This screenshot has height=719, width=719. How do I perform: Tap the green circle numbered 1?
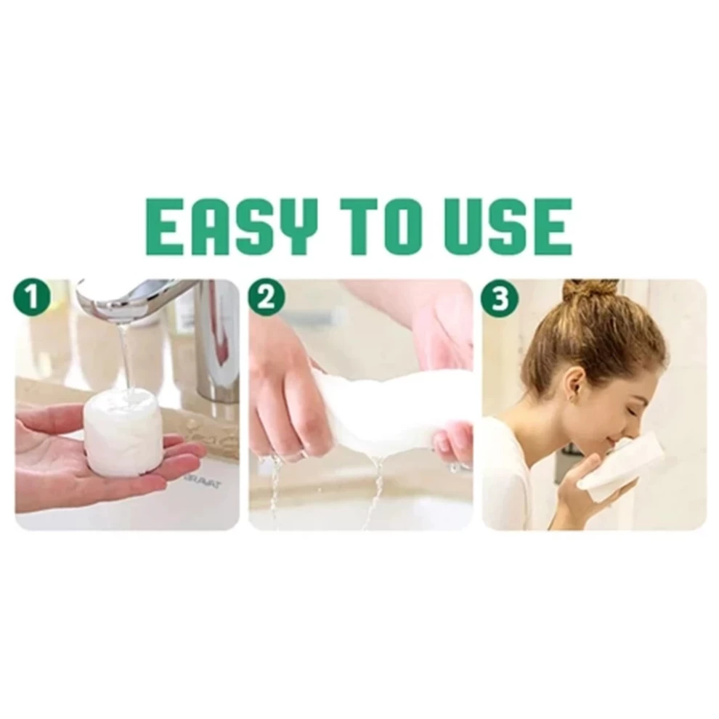point(32,298)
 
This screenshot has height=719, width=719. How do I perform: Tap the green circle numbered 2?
point(267,298)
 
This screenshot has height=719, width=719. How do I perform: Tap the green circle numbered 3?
point(500,298)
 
